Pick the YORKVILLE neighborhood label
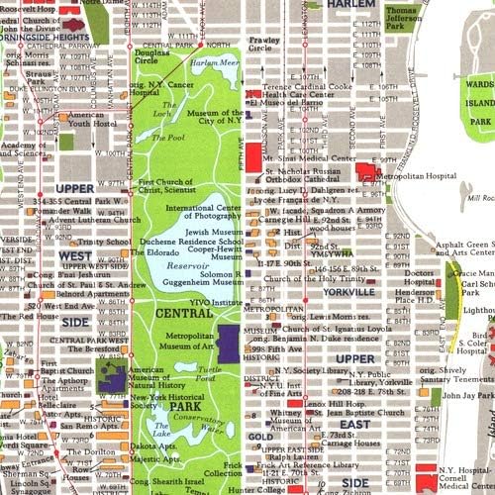coord(347,292)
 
